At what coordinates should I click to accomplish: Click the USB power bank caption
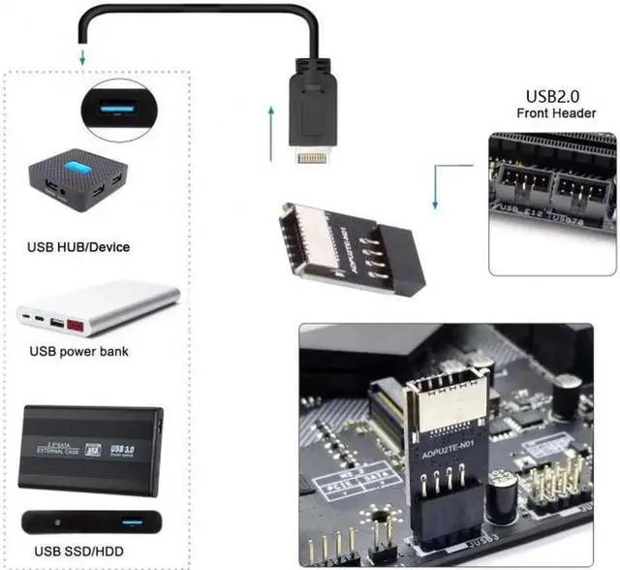click(79, 351)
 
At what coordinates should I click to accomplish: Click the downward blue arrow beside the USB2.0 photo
click(436, 189)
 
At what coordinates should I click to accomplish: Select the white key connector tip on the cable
click(312, 156)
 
